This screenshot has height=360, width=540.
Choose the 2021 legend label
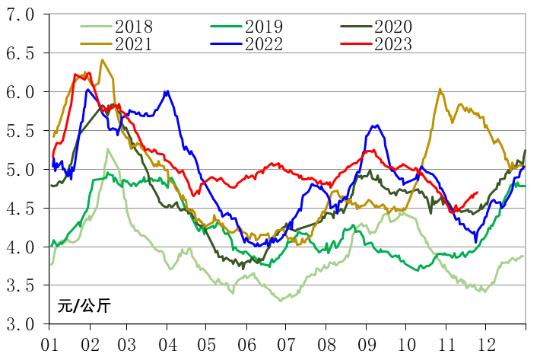[x=135, y=44]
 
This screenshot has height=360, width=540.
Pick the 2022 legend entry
[x=264, y=44]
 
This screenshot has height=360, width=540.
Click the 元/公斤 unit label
[x=84, y=306]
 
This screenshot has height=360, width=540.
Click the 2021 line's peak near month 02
[x=102, y=60]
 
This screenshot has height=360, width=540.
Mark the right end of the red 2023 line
[x=477, y=193]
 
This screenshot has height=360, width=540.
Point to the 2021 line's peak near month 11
[x=440, y=89]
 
